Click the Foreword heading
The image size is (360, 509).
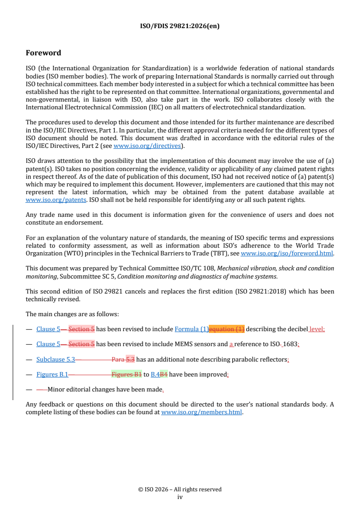click(x=44, y=53)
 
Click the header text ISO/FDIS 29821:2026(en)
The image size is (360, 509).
click(x=180, y=26)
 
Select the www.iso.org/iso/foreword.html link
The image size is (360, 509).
click(x=287, y=254)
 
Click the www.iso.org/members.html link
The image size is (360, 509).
click(x=202, y=412)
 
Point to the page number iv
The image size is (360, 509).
click(x=180, y=497)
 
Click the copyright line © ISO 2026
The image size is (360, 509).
click(x=180, y=489)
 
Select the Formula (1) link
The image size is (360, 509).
click(x=191, y=329)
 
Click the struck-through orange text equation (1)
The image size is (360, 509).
click(x=226, y=329)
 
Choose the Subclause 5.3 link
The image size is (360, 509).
click(x=55, y=360)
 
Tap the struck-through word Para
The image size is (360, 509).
click(x=118, y=360)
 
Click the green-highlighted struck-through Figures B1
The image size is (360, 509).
click(x=126, y=375)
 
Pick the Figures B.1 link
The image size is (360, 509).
click(x=52, y=375)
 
